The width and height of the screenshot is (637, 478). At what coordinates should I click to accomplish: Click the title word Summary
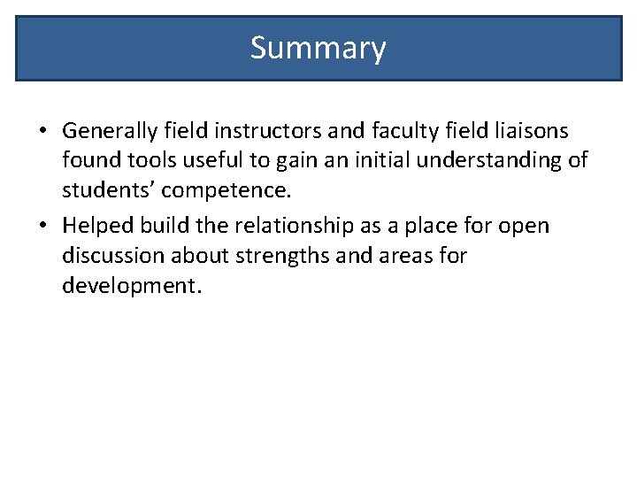318,48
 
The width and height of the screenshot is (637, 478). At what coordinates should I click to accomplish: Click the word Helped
96,227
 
